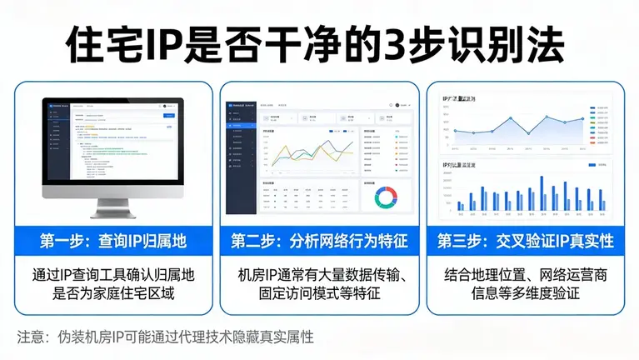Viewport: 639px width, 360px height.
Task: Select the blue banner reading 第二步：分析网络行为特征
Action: point(319,242)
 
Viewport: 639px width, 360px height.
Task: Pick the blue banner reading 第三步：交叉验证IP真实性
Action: point(525,242)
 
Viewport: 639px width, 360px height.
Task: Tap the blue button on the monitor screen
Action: point(168,116)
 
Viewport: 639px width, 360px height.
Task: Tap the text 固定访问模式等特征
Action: point(320,293)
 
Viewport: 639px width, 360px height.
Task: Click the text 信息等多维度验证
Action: point(525,293)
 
